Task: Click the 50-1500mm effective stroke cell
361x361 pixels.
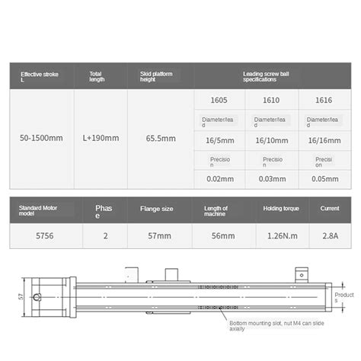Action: coord(41,139)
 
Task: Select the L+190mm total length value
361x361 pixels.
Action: coord(101,139)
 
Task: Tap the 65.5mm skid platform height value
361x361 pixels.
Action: coord(161,139)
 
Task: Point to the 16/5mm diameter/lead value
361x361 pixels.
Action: coord(219,139)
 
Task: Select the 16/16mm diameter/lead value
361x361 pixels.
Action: coord(324,139)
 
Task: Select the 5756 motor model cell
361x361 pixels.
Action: coord(41,235)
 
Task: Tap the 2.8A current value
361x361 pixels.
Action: coord(329,235)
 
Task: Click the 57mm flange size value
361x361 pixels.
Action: coord(161,235)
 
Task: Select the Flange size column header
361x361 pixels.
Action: coord(156,208)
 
